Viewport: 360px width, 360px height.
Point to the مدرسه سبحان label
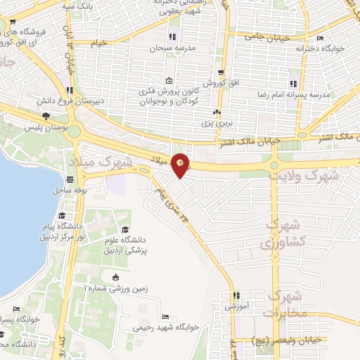pos(171,49)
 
